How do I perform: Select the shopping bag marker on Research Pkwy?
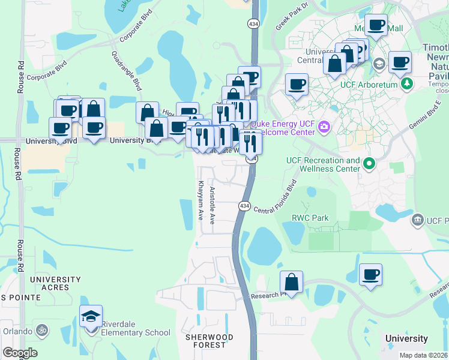(x=291, y=283)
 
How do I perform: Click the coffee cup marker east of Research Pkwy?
(x=370, y=275)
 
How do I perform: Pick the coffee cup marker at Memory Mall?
(x=376, y=26)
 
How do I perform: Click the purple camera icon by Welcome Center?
(x=325, y=126)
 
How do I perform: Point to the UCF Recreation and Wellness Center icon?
(x=370, y=162)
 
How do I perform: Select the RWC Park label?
(x=310, y=218)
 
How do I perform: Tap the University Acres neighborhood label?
(x=55, y=283)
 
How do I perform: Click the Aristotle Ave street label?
(x=212, y=206)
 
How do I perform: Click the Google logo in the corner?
(x=20, y=353)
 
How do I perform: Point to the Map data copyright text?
(x=423, y=355)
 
